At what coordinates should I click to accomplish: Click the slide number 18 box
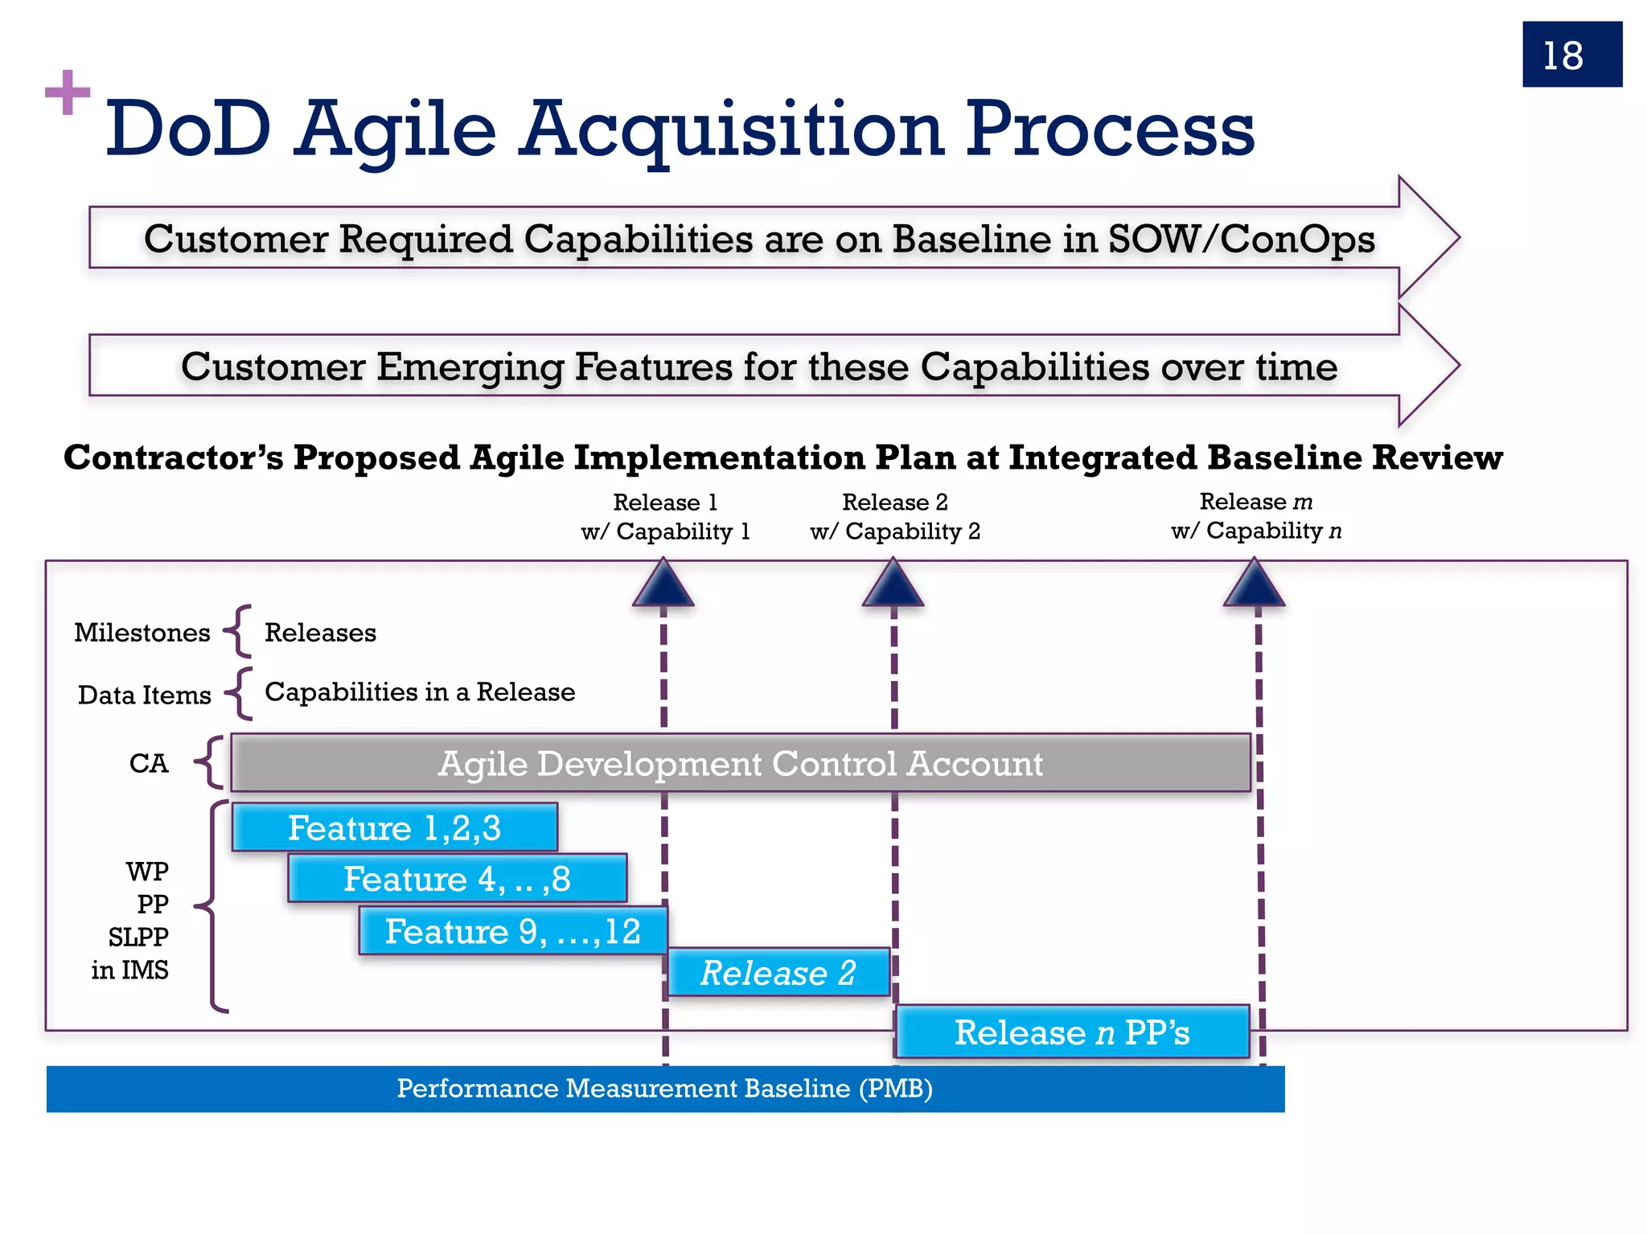1571,55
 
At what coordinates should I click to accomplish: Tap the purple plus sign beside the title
68,92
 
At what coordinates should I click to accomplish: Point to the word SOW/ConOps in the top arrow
1241,239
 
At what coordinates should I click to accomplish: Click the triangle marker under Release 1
663,584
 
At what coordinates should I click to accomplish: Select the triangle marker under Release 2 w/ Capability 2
893,584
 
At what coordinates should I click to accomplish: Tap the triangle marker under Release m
1254,584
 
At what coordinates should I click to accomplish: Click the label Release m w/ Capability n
1256,516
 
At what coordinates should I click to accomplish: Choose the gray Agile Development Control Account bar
740,763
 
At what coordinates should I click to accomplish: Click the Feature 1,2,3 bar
394,827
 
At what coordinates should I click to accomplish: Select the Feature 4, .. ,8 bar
457,879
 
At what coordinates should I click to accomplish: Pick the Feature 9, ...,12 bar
512,931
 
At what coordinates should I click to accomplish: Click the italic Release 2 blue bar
778,973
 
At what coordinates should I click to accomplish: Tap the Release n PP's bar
1072,1032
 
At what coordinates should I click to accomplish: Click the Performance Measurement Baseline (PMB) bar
665,1089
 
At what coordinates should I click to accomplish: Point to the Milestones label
142,633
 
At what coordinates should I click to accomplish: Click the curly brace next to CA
210,762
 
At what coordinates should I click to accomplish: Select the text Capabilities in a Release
420,692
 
